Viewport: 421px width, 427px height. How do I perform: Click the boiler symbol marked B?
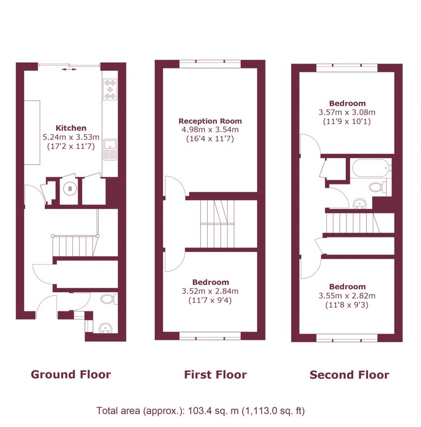point(70,188)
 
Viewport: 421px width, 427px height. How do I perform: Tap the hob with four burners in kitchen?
point(110,90)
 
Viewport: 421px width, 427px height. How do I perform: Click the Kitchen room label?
point(71,128)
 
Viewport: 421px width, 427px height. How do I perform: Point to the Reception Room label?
point(210,121)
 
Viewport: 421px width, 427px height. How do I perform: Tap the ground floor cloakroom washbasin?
point(104,328)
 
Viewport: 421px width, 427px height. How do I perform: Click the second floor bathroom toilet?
point(377,187)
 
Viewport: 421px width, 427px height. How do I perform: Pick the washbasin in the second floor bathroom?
point(359,203)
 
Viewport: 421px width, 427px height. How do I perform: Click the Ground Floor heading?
point(71,374)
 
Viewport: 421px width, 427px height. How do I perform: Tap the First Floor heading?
point(215,375)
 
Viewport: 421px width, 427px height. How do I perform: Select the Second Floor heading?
point(349,375)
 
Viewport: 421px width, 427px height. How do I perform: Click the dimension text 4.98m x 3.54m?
point(210,130)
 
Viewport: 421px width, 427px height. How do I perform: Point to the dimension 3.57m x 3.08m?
point(347,112)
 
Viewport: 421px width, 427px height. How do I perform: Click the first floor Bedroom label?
point(210,282)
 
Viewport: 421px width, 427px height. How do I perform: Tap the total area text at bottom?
point(201,411)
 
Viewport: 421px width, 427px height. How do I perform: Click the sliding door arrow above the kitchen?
point(69,70)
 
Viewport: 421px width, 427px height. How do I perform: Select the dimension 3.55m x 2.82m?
point(347,296)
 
